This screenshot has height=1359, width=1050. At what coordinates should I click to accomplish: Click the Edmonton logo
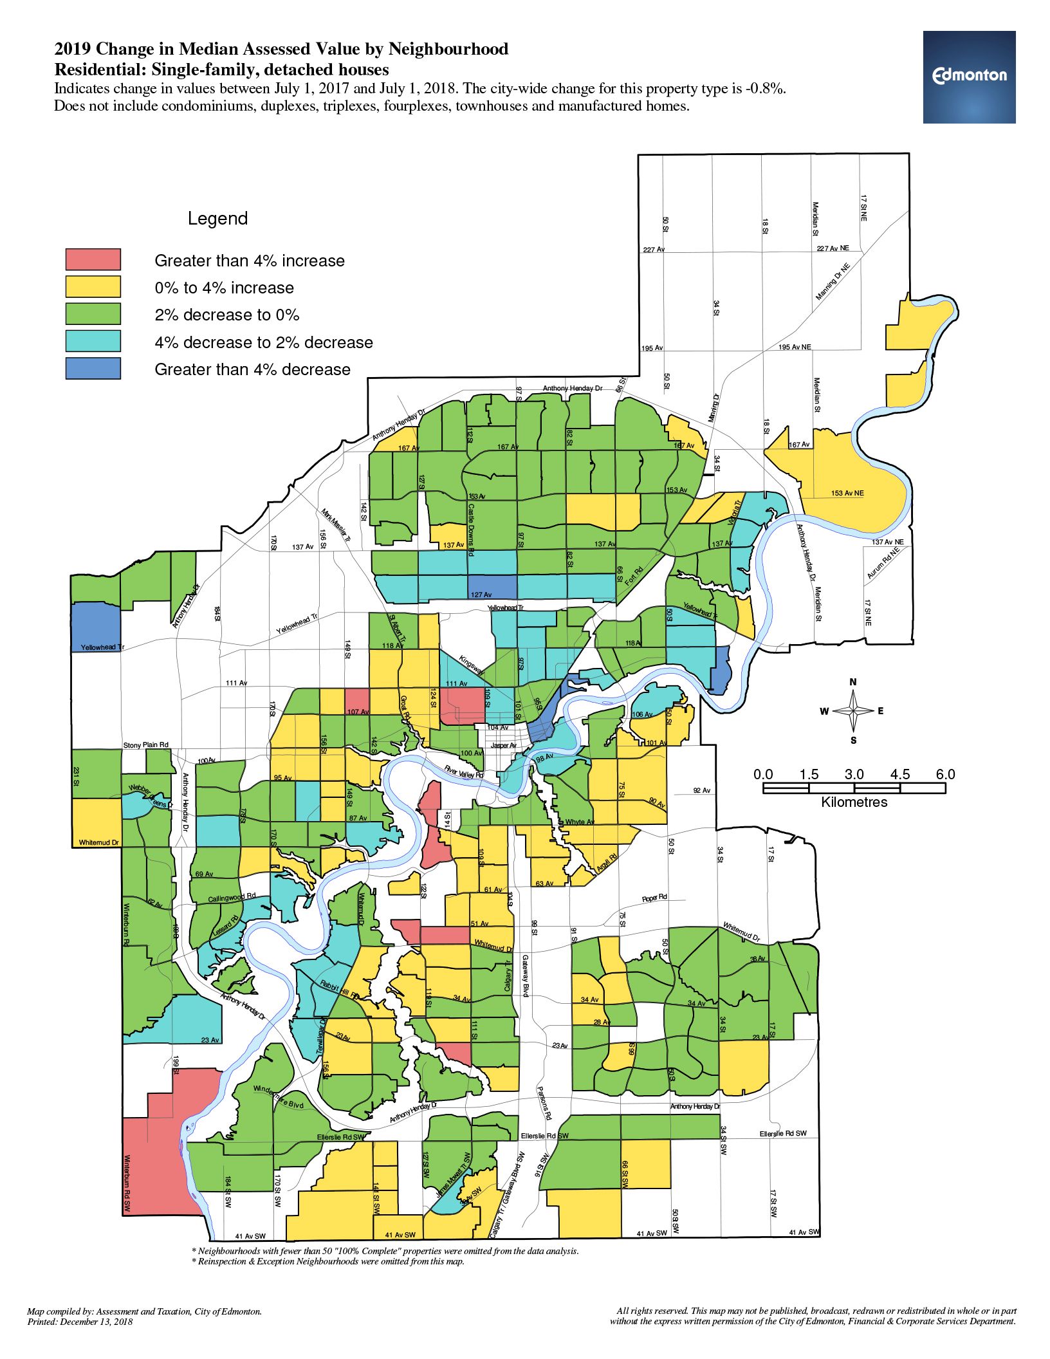[969, 77]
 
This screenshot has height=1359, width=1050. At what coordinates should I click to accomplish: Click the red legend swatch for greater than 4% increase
[93, 259]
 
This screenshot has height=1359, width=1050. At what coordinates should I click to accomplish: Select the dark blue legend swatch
[93, 368]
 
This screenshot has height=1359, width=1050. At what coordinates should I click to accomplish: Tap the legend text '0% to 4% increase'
[224, 288]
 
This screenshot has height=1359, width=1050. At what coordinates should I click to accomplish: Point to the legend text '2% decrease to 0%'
[226, 315]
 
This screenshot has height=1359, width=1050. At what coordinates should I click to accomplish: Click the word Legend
[217, 219]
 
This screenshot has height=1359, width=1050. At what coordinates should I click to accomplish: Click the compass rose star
[853, 710]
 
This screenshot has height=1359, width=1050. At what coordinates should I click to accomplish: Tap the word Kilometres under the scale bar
[854, 802]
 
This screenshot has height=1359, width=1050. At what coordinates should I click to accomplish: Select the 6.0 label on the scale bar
[945, 774]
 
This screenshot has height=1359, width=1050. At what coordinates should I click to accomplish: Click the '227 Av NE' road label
[833, 248]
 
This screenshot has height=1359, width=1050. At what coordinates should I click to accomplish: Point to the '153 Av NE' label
[847, 493]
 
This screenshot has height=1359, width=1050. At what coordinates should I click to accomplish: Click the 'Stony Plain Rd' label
[145, 744]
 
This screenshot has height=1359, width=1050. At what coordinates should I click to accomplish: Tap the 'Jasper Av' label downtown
[504, 745]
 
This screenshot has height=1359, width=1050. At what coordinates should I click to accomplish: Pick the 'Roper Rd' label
[654, 898]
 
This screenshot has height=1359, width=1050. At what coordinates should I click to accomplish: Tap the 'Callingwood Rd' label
[232, 897]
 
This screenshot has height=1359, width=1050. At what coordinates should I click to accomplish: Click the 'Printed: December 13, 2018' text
[80, 1322]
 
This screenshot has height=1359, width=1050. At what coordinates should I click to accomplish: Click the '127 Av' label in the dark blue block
[481, 595]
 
